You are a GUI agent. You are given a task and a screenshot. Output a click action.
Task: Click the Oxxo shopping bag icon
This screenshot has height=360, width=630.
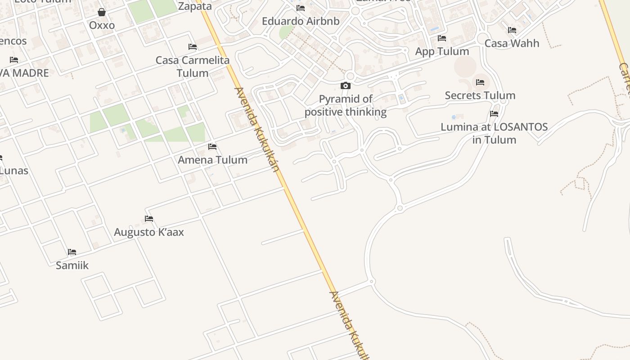pyautogui.click(x=102, y=12)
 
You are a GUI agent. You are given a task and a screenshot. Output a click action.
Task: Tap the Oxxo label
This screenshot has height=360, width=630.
pyautogui.click(x=102, y=25)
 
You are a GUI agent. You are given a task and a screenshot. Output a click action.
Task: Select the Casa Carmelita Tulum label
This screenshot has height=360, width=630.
pyautogui.click(x=193, y=67)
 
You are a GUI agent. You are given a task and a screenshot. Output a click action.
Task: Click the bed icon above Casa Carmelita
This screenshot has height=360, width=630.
pyautogui.click(x=193, y=47)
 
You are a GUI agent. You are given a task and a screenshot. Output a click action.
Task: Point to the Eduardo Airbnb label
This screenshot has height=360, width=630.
pyautogui.click(x=301, y=21)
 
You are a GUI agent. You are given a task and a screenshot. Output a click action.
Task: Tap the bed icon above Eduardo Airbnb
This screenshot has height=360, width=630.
pyautogui.click(x=301, y=8)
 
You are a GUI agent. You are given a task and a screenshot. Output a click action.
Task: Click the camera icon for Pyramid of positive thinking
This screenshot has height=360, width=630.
pyautogui.click(x=346, y=86)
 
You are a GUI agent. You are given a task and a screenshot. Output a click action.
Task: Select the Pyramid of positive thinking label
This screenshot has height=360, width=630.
pyautogui.click(x=346, y=105)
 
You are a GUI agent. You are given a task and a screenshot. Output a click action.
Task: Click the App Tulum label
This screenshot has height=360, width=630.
pyautogui.click(x=442, y=51)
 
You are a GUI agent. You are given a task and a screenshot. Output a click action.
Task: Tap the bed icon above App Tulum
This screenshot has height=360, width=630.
pyautogui.click(x=442, y=38)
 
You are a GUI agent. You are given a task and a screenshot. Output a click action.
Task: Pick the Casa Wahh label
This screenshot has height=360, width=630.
pyautogui.click(x=512, y=44)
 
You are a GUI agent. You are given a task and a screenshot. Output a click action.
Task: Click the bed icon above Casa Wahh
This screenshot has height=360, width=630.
pyautogui.click(x=512, y=30)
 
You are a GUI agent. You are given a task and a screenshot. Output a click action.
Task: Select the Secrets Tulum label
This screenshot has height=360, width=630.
pyautogui.click(x=480, y=95)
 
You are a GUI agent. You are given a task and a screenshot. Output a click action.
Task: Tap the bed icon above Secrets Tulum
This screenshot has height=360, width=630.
pyautogui.click(x=480, y=82)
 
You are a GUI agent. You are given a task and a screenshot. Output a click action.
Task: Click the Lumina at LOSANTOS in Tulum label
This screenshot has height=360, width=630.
pyautogui.click(x=494, y=133)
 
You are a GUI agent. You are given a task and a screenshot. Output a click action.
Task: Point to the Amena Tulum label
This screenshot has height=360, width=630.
pyautogui.click(x=212, y=160)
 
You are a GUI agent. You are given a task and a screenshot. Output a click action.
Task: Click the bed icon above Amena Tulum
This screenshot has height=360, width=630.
pyautogui.click(x=212, y=147)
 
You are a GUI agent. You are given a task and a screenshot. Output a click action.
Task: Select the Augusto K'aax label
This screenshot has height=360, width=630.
pyautogui.click(x=149, y=232)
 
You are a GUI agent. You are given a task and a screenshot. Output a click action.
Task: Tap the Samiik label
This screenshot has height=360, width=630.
pyautogui.click(x=72, y=265)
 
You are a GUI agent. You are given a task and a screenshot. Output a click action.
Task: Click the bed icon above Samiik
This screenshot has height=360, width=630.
pyautogui.click(x=72, y=252)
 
